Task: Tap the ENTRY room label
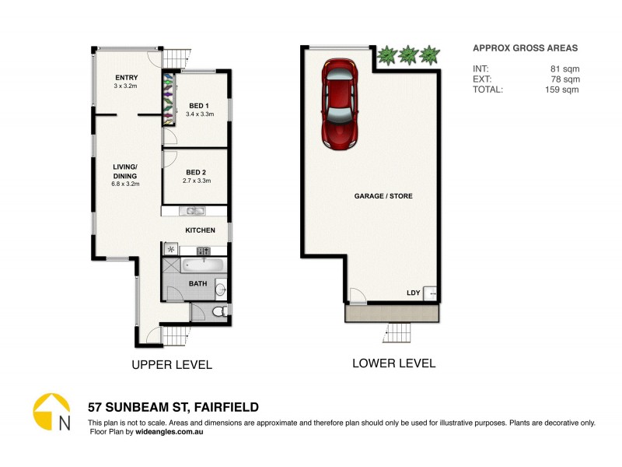[127, 77]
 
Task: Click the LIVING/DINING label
[124, 171]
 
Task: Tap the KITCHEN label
[200, 230]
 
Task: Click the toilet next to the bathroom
[218, 312]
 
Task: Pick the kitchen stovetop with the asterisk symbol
[171, 250]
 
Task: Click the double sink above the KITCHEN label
[192, 211]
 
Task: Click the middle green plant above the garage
[407, 55]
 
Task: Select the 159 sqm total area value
[563, 90]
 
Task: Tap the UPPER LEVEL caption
[172, 364]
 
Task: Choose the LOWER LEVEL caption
[393, 363]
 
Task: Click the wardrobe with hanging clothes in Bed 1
[169, 97]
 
